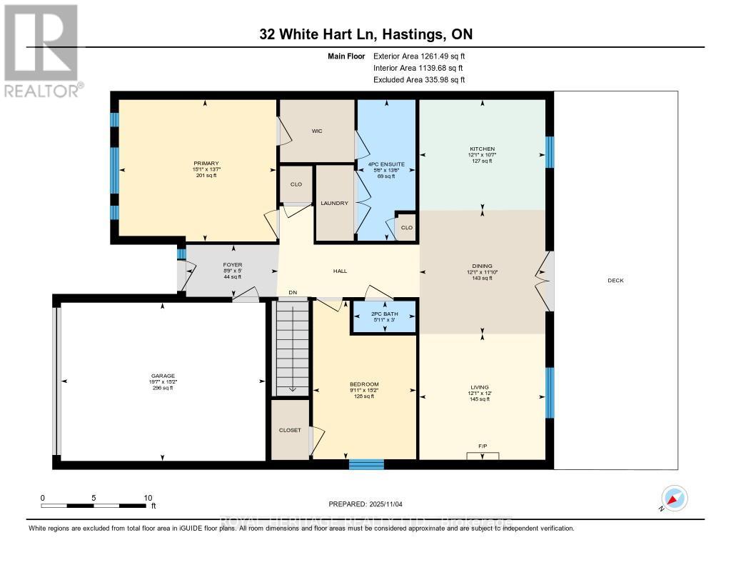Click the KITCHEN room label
coord(483,149)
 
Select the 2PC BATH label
coord(384,314)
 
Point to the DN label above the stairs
coord(293,292)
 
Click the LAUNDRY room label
coord(334,203)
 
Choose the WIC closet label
coord(318,131)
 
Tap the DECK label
coord(615,281)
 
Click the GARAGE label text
coord(163,376)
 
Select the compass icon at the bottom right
coord(674,498)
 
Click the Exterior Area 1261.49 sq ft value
coord(419,56)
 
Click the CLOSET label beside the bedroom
coord(290,430)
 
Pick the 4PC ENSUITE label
coord(386,164)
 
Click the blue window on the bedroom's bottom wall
coord(366,464)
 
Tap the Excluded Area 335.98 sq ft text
coord(419,80)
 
